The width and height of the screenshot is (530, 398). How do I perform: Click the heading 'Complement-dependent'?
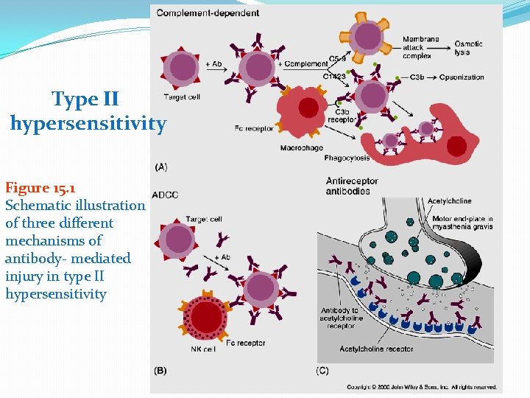coord(208,13)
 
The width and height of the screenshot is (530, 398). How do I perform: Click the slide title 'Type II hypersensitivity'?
coord(88,111)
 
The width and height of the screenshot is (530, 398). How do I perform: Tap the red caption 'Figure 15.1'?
coord(40,188)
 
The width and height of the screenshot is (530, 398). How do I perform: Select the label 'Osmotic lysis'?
coord(469,48)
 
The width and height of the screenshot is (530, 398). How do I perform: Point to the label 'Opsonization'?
coord(462,77)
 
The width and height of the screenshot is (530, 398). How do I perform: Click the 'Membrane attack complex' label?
coord(422,48)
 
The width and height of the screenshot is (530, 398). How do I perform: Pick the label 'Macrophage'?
coord(301,148)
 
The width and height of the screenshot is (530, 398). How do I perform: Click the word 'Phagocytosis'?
coord(347,158)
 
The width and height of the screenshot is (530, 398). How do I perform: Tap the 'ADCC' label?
coord(165,195)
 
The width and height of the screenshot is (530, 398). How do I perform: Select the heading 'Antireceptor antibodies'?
coord(352,186)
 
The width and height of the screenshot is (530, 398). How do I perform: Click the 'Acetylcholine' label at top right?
coord(450,200)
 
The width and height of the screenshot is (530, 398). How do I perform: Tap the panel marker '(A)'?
coord(160,167)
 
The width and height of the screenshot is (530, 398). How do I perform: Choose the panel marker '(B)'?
coord(160,370)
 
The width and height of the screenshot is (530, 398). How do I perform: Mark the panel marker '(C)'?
coord(322,370)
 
